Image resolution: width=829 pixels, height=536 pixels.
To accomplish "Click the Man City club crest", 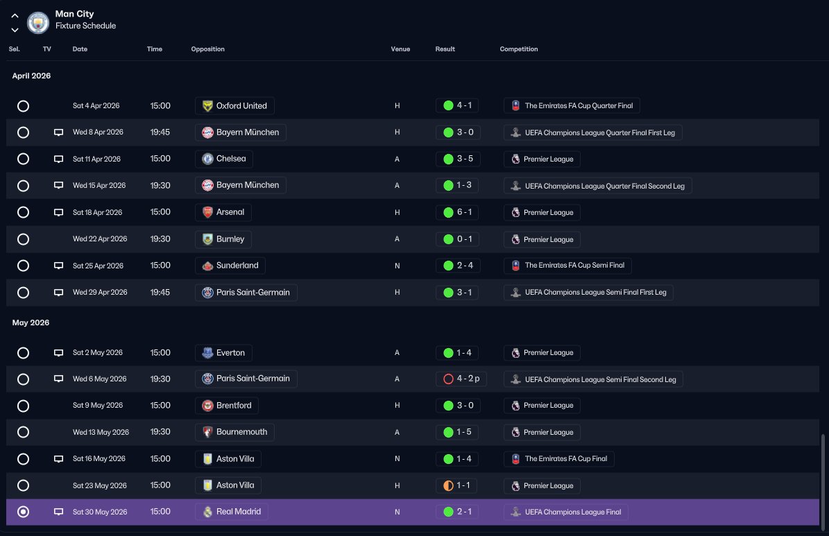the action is point(38,23).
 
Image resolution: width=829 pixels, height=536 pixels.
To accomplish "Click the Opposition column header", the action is point(208,49).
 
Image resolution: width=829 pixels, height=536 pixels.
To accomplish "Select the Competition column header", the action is point(519,49).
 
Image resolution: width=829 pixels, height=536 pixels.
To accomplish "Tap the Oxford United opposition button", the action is point(234,105).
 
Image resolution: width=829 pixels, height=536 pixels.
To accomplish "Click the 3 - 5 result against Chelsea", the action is point(458,159).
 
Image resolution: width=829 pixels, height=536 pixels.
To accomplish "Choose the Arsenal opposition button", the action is point(223,212).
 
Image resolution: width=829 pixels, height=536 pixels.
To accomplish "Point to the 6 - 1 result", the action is point(457,212).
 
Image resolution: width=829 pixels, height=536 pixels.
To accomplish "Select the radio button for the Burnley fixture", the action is point(24,239).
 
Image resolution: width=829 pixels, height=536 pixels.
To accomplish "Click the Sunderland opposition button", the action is point(230,266).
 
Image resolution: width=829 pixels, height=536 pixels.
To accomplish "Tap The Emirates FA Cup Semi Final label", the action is point(568,266).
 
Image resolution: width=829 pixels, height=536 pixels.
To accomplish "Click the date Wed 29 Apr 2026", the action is point(100,293).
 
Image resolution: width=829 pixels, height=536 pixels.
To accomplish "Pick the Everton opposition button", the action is point(223,352).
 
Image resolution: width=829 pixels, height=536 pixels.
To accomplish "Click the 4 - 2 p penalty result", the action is point(461,379).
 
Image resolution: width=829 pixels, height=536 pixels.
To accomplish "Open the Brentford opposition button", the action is point(227,406).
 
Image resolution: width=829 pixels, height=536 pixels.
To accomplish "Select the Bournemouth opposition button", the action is point(234,432).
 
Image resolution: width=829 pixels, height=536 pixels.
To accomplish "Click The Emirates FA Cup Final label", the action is point(559,459).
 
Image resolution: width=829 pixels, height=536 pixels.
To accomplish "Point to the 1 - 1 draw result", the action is point(456,485).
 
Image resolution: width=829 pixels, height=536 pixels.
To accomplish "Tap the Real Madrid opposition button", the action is point(232,512).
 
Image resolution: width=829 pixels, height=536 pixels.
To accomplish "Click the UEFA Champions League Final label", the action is point(565,512).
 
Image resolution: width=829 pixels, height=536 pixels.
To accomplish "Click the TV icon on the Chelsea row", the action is point(59,159).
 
